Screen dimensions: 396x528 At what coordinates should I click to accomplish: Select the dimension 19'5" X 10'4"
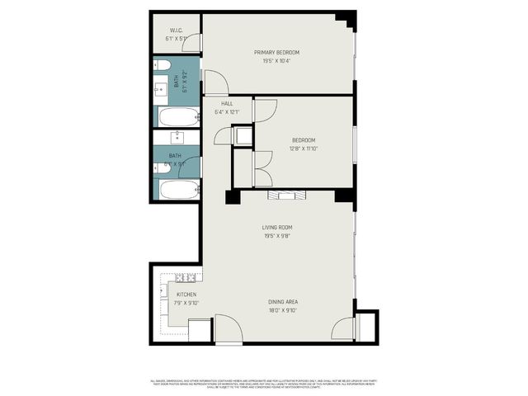[276, 61]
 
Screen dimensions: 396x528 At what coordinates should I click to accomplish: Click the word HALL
[227, 103]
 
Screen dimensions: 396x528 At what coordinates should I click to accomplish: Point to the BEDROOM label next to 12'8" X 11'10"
[304, 140]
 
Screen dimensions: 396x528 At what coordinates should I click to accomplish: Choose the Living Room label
[277, 228]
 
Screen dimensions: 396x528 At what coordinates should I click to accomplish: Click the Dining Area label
[283, 302]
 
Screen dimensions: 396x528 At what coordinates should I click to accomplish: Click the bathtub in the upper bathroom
[178, 116]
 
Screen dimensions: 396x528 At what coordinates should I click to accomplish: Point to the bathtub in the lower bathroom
[178, 189]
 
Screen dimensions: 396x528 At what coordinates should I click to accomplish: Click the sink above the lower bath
[177, 137]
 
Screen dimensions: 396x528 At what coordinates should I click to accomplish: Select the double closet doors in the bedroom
[262, 168]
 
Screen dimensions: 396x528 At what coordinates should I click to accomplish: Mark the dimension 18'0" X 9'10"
[283, 310]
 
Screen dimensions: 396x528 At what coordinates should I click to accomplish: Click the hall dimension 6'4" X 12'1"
[227, 111]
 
